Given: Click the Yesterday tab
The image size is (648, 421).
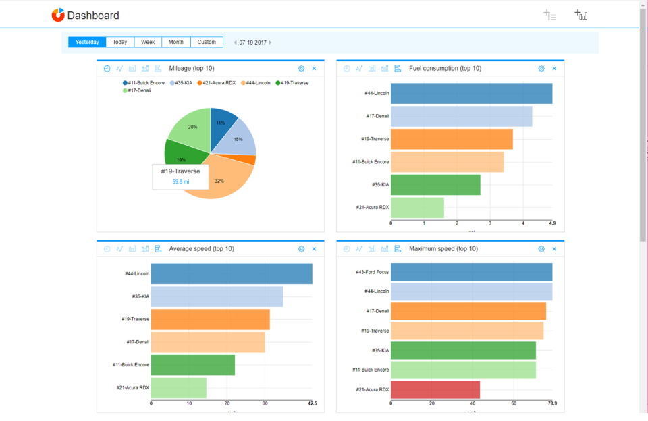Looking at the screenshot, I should (x=87, y=42).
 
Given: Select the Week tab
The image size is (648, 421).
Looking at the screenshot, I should (x=148, y=42).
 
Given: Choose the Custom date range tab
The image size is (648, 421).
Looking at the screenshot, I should (x=207, y=42).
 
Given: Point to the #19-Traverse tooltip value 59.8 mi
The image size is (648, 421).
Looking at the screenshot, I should (x=180, y=181).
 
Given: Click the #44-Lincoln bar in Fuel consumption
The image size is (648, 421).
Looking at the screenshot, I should (x=471, y=94).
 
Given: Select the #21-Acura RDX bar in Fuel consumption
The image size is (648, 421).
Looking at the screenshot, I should (x=417, y=208).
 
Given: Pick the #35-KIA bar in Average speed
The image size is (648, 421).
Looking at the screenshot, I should (x=217, y=296).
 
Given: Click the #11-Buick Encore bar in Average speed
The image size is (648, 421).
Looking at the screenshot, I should (x=192, y=365).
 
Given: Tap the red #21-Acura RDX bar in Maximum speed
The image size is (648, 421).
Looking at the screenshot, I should (x=435, y=390).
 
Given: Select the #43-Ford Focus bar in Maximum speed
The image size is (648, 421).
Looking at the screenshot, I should (x=471, y=272).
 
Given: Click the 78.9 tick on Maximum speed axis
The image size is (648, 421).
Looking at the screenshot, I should (x=551, y=403).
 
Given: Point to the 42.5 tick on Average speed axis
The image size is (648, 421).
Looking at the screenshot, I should (x=311, y=403).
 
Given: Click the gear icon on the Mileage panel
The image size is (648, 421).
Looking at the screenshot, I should (x=302, y=69).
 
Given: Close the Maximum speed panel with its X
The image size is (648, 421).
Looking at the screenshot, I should (x=554, y=249).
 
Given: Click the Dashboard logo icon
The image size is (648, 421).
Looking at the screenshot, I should (x=58, y=15).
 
